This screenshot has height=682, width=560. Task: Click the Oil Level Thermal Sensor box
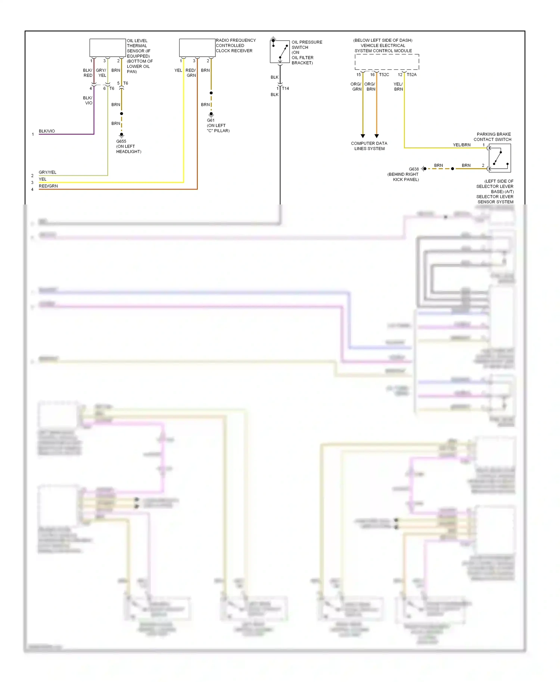(x=108, y=48)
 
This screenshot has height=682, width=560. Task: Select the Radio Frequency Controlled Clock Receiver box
(x=197, y=48)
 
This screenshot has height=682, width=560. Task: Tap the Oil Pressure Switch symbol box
(x=280, y=51)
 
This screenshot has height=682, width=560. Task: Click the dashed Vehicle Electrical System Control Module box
(x=387, y=62)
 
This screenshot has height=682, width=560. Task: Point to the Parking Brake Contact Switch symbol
(x=500, y=158)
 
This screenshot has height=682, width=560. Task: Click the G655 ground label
(x=121, y=141)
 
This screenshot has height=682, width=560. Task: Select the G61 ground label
(x=211, y=120)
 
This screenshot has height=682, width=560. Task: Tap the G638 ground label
(x=414, y=169)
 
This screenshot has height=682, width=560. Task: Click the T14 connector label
(x=285, y=88)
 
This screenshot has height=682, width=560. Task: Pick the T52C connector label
(x=384, y=75)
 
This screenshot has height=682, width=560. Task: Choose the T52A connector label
(x=411, y=75)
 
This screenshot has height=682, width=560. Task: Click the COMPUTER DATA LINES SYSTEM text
(x=369, y=146)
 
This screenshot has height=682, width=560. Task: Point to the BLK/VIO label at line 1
(x=47, y=131)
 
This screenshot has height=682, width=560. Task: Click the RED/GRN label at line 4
(x=48, y=186)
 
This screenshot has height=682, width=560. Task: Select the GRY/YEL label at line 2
(x=47, y=172)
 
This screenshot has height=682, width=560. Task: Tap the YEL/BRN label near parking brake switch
(x=461, y=145)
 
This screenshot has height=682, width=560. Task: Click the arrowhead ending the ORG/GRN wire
(x=363, y=136)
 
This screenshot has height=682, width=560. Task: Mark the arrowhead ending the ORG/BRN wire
(x=376, y=136)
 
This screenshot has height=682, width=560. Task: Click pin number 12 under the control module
(x=400, y=75)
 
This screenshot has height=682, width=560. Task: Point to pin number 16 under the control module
(x=372, y=75)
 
